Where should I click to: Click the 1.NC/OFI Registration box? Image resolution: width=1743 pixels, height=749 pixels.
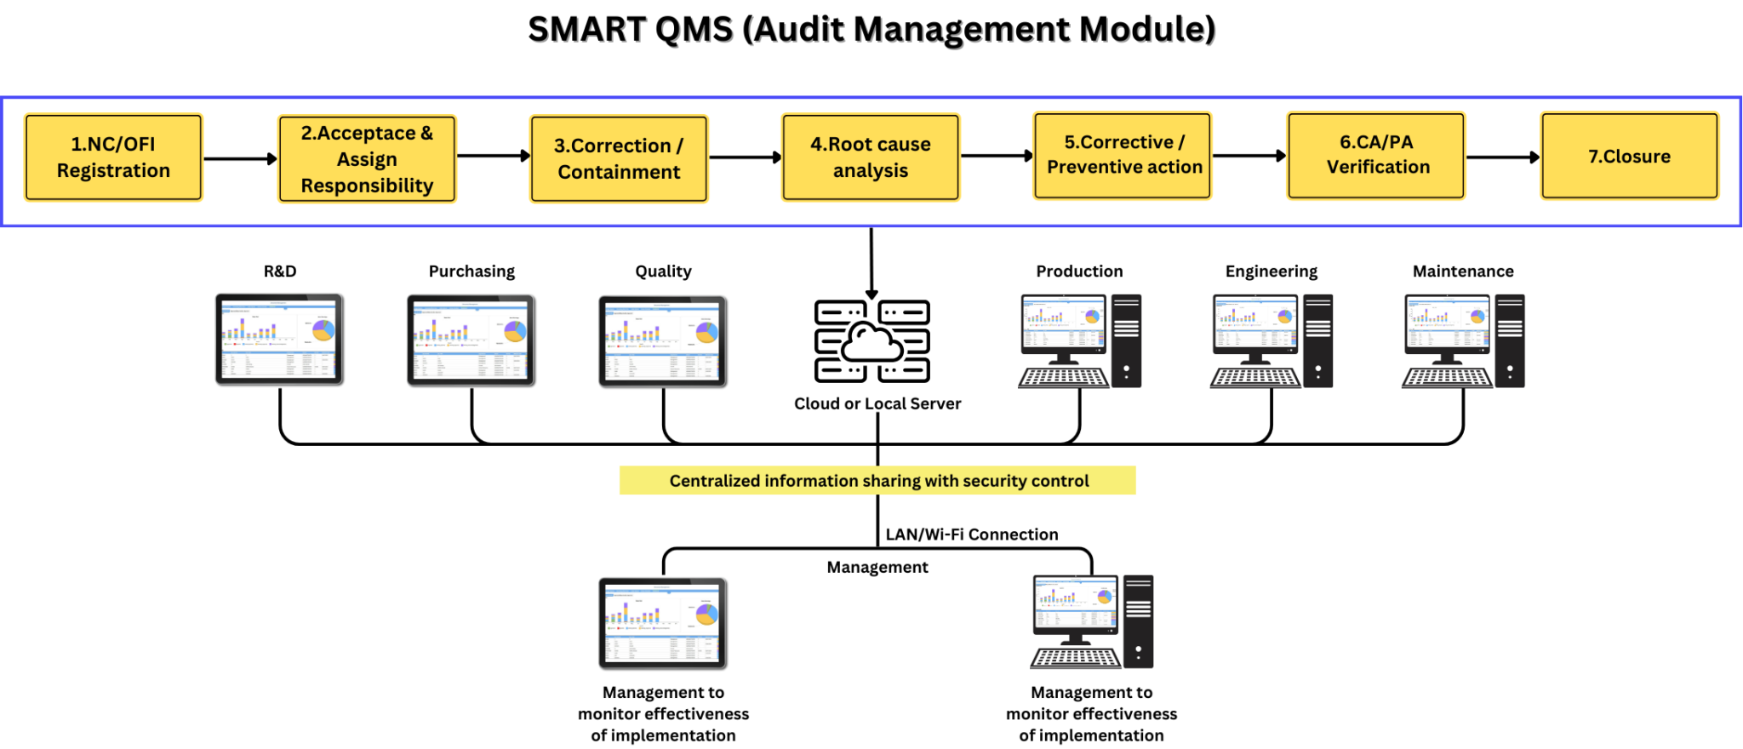113,157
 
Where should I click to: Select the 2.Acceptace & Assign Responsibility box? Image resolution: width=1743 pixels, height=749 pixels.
367,158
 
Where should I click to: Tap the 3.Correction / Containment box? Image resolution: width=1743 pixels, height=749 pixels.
619,158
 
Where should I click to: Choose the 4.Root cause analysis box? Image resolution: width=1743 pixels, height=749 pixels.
870,157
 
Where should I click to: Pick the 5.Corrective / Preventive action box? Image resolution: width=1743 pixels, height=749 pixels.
1122,156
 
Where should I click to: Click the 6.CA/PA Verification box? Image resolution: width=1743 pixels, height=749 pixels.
1375,156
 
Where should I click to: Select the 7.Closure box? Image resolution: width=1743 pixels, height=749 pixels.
1629,157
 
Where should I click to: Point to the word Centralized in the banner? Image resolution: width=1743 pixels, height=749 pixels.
714,481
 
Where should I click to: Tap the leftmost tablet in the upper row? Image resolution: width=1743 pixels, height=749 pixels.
278,339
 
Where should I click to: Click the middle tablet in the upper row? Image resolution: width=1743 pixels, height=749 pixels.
470,340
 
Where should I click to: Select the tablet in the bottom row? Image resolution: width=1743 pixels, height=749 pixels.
661,623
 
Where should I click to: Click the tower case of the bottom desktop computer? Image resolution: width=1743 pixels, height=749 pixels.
1138,621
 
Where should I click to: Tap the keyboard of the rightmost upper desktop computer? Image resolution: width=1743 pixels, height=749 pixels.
1447,378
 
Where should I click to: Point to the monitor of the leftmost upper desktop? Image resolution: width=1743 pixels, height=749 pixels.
1064,323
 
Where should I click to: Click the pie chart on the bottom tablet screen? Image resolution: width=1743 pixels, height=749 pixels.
707,614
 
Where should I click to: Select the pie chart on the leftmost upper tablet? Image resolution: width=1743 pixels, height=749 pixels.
323,329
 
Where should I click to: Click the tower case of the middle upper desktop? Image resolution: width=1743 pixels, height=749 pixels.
1317,340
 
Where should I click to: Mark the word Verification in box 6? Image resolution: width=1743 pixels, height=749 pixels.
1378,167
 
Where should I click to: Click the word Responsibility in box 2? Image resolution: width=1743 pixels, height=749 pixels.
367,186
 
